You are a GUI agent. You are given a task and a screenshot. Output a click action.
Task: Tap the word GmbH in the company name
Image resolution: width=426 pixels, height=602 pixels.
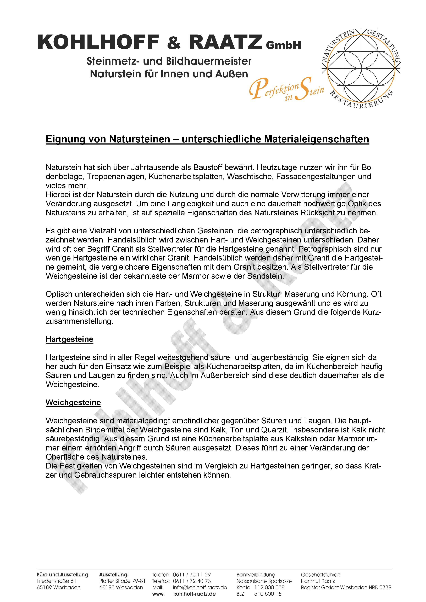tap(284, 45)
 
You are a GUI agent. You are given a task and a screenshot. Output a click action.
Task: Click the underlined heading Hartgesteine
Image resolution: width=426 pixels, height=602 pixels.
tap(70, 339)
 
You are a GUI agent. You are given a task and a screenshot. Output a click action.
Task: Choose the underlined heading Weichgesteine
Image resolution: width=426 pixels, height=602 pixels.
tap(73, 402)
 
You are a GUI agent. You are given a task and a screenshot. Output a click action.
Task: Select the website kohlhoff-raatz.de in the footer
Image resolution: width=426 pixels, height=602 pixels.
tap(195, 594)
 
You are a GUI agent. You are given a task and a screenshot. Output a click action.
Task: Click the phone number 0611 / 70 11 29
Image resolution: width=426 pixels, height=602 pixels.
tap(192, 575)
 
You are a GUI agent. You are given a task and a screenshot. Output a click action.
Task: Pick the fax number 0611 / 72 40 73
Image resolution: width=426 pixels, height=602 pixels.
tap(192, 581)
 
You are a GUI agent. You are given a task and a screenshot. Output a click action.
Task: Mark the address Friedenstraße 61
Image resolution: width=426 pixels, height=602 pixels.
tap(56, 581)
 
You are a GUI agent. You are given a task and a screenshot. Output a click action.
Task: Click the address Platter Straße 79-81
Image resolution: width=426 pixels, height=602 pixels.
tap(122, 581)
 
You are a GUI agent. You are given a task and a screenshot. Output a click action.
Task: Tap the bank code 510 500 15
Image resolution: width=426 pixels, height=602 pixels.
tap(268, 594)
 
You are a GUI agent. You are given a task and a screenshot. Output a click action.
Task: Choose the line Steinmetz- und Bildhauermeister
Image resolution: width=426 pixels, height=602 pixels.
tap(169, 61)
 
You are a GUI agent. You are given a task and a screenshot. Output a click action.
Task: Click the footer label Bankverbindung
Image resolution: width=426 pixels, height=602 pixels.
tap(256, 575)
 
